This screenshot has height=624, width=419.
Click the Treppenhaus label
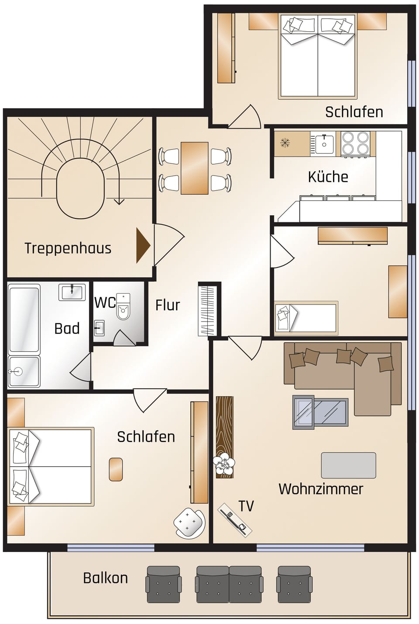point(68,248)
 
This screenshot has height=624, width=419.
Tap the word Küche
point(328,176)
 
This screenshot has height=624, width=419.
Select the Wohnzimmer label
point(320,488)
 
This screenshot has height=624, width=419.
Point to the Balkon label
point(105,578)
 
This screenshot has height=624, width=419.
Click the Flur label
point(167,305)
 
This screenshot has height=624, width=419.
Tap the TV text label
point(246,506)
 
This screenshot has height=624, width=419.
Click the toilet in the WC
point(124,307)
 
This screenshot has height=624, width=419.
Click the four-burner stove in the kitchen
point(355,143)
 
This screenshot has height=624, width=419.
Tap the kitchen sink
point(324,143)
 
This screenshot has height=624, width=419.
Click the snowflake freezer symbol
point(285,142)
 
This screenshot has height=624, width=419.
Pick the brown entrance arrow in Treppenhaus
point(143,245)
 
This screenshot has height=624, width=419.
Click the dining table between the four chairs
point(194,168)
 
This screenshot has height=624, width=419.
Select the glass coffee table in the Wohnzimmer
point(320,412)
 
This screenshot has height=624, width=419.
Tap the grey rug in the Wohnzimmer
point(348,465)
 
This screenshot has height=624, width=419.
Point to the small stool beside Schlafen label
point(116,469)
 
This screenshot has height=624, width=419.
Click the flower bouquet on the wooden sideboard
point(224,464)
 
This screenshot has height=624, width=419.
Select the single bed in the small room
point(306,318)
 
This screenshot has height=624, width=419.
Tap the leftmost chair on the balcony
point(163,584)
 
